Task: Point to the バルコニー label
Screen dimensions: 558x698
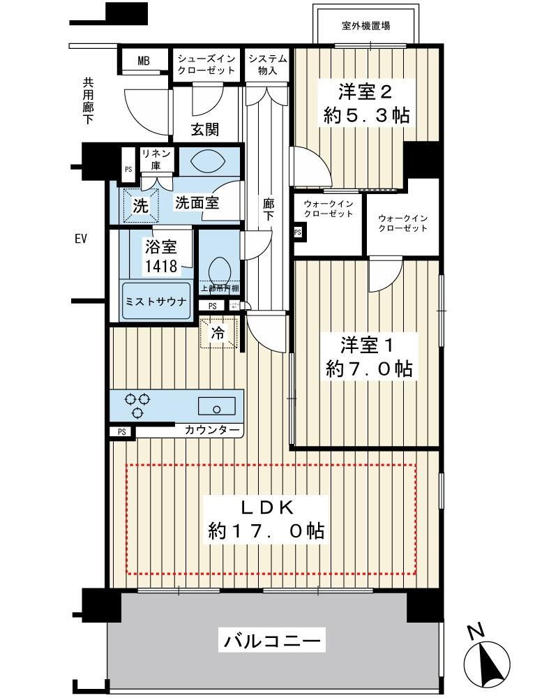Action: tap(271, 641)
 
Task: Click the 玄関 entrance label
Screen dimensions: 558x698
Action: tap(205, 129)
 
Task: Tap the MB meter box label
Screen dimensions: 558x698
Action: tap(144, 61)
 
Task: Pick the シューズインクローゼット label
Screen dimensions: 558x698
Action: tap(206, 64)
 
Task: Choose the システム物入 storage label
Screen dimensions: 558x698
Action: tap(267, 64)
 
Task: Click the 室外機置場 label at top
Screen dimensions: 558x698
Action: tap(365, 26)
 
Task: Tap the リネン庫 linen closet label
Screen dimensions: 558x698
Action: tap(156, 159)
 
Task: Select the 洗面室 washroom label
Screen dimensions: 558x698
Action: tap(197, 203)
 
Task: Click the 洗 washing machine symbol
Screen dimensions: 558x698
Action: tap(141, 205)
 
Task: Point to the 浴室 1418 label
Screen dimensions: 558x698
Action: tap(161, 256)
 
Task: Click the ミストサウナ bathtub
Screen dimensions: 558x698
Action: tap(156, 300)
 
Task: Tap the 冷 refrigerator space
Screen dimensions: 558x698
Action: tap(218, 332)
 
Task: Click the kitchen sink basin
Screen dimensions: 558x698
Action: tap(217, 406)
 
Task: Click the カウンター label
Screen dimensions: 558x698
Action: tap(212, 430)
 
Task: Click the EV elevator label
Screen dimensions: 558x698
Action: tap(80, 239)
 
